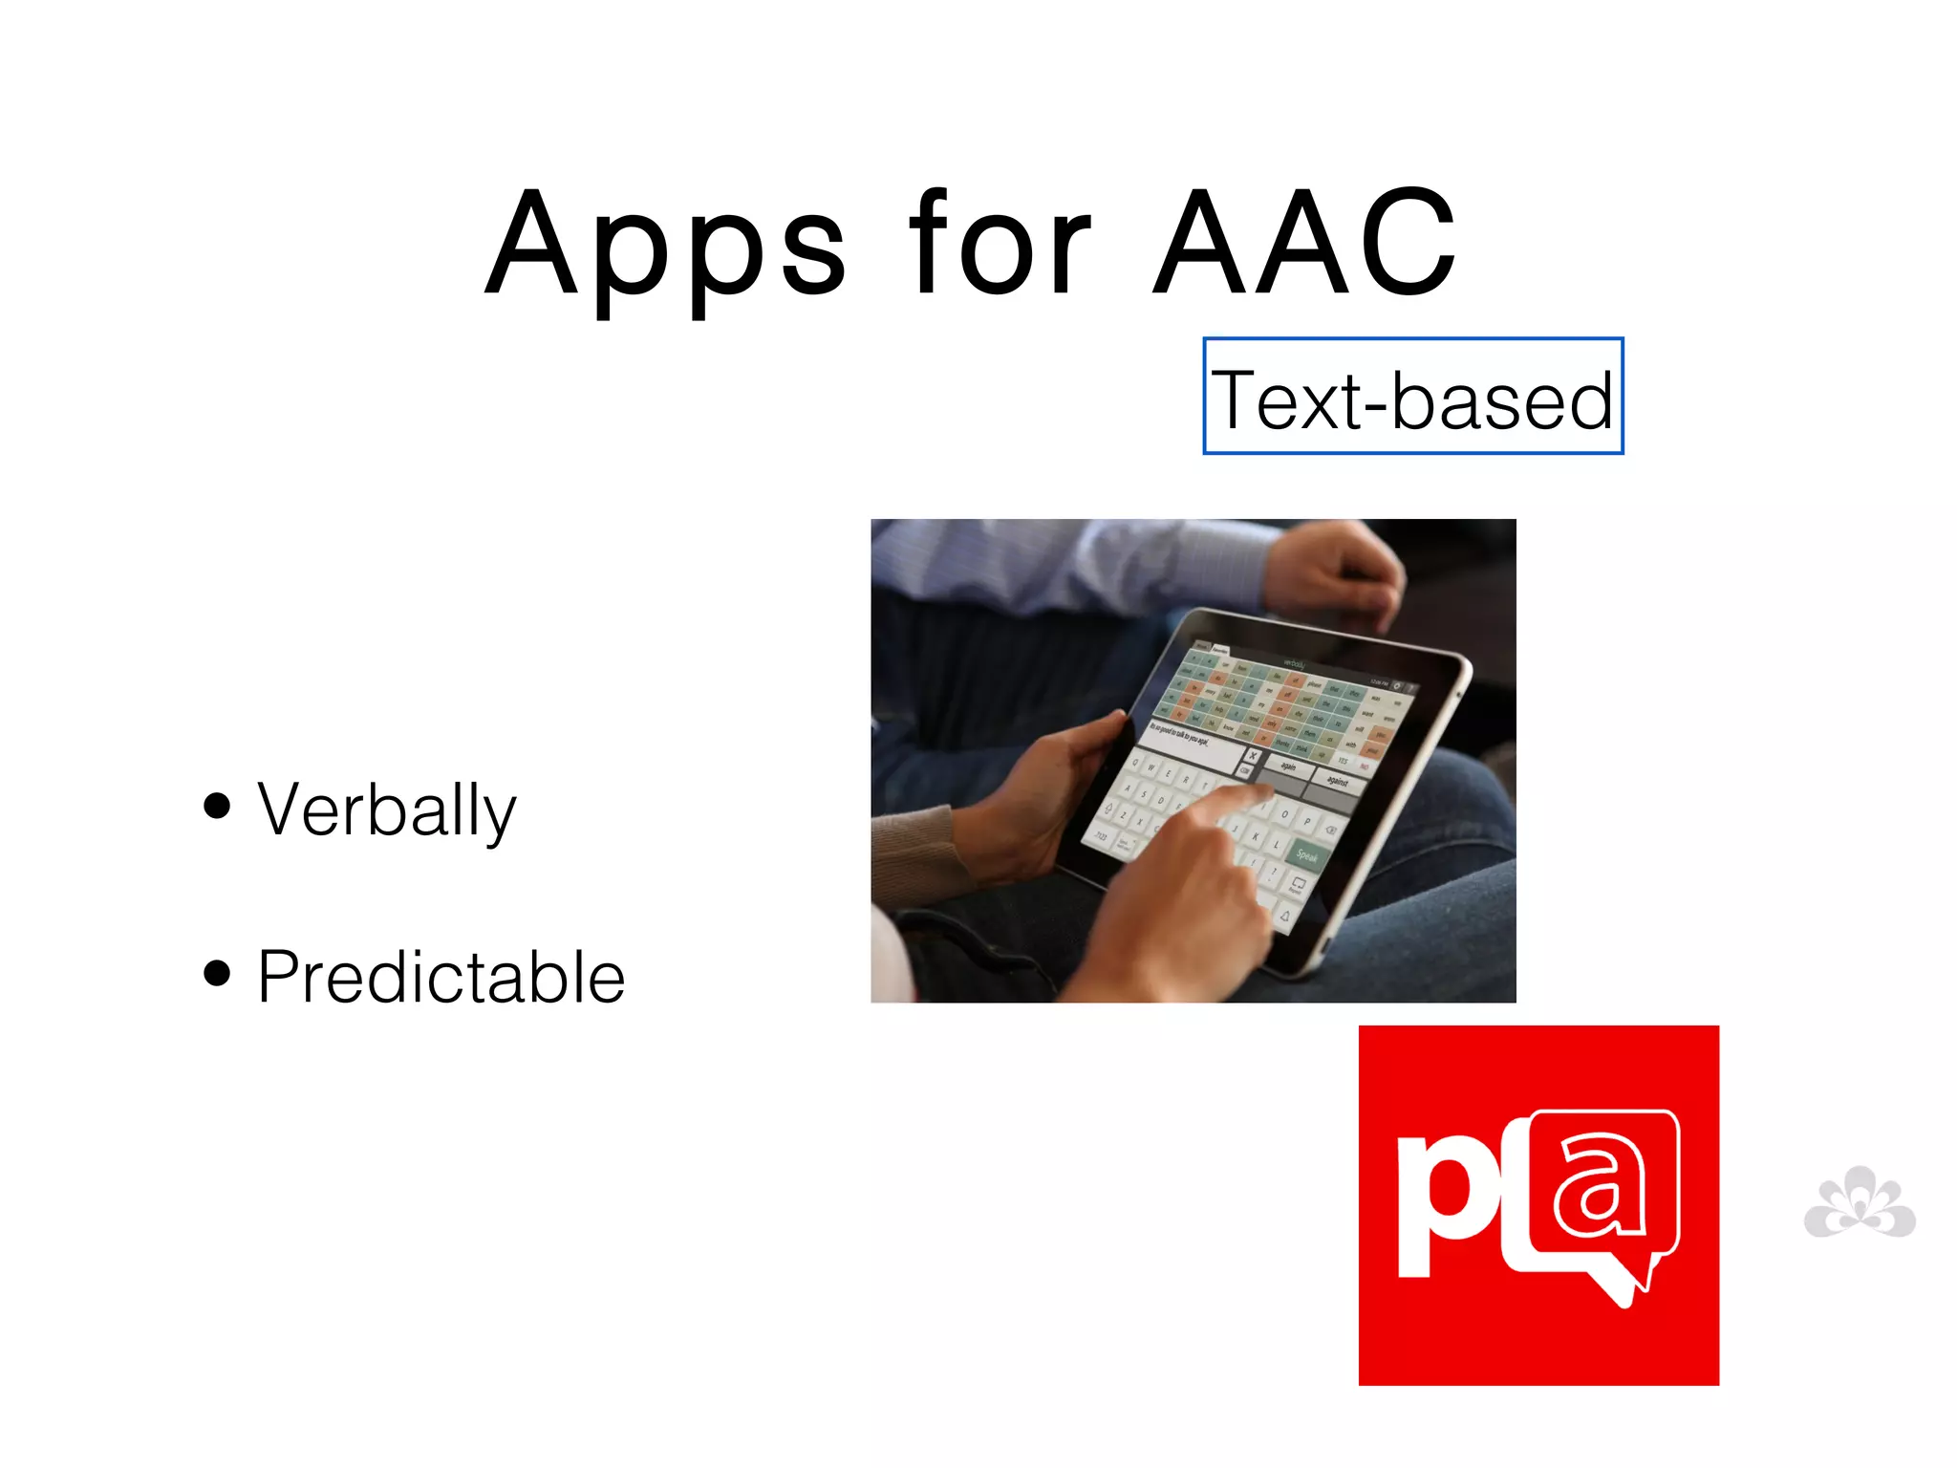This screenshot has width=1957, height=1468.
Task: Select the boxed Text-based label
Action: tap(1412, 397)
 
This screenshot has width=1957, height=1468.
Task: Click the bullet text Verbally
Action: tap(386, 810)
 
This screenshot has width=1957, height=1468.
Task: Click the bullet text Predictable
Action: tap(441, 977)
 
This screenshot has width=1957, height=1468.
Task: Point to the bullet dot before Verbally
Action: tap(218, 805)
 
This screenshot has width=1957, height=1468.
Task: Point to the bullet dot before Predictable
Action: tap(218, 972)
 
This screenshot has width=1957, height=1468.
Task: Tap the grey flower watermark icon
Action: tap(1860, 1204)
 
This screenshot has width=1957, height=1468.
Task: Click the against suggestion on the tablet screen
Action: tap(1337, 782)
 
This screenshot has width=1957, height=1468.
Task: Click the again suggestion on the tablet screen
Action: tap(1289, 766)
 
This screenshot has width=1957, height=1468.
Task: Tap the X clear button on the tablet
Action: tap(1253, 755)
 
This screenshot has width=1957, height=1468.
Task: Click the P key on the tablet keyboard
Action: tap(1307, 821)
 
